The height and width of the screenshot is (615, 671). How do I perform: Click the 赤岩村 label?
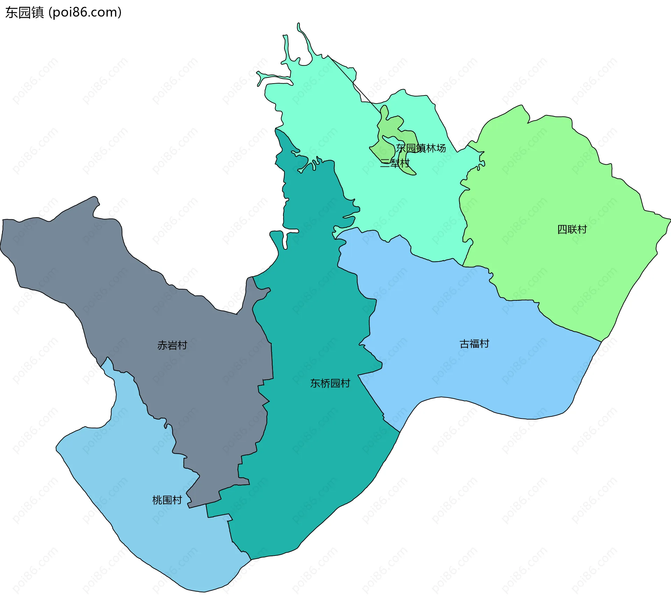[172, 345]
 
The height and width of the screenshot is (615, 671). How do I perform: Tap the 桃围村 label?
[167, 500]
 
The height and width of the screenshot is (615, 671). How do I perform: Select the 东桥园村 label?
[330, 384]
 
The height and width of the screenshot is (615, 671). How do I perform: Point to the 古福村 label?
[474, 344]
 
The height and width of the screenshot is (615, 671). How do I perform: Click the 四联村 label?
[572, 230]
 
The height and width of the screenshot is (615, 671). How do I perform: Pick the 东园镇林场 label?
[421, 148]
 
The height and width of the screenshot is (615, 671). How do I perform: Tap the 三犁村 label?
[395, 163]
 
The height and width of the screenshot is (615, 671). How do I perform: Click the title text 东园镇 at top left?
[24, 13]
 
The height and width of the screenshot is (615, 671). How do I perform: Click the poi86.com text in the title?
[85, 13]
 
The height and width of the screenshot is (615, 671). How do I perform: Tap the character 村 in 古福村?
[484, 344]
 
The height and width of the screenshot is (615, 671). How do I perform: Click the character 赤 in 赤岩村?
[163, 345]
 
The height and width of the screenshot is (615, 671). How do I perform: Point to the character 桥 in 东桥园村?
[325, 384]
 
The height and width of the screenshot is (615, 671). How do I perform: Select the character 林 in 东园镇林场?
[431, 148]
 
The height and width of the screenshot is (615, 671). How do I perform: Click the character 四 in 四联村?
[562, 230]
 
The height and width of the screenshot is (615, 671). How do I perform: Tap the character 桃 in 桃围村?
[157, 500]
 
